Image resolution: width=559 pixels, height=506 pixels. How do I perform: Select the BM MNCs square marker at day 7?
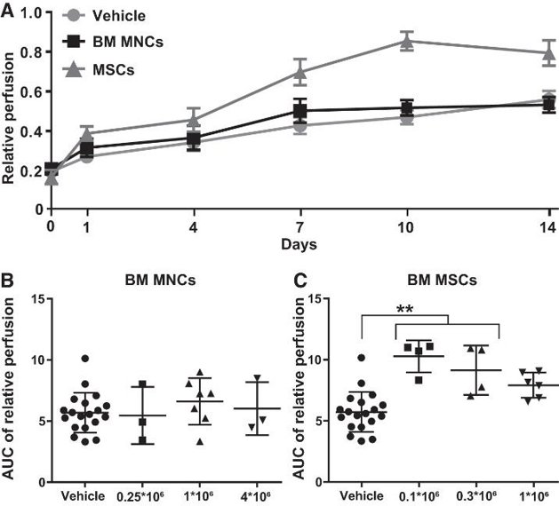tap(300, 111)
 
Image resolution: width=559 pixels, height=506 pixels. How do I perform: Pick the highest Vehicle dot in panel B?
tap(84, 358)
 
